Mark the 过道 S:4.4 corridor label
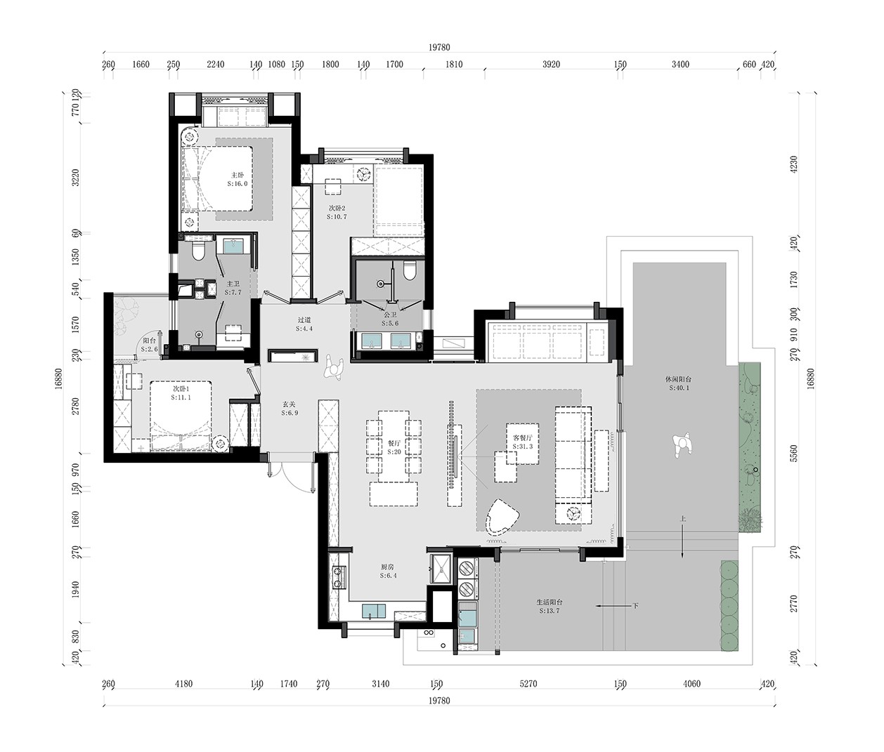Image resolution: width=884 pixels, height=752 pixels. tap(304, 324)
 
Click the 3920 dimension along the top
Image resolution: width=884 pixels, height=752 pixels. tap(552, 65)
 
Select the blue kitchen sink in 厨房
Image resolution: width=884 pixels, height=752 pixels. tap(375, 611)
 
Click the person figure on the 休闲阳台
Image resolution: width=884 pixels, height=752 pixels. tap(680, 445)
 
